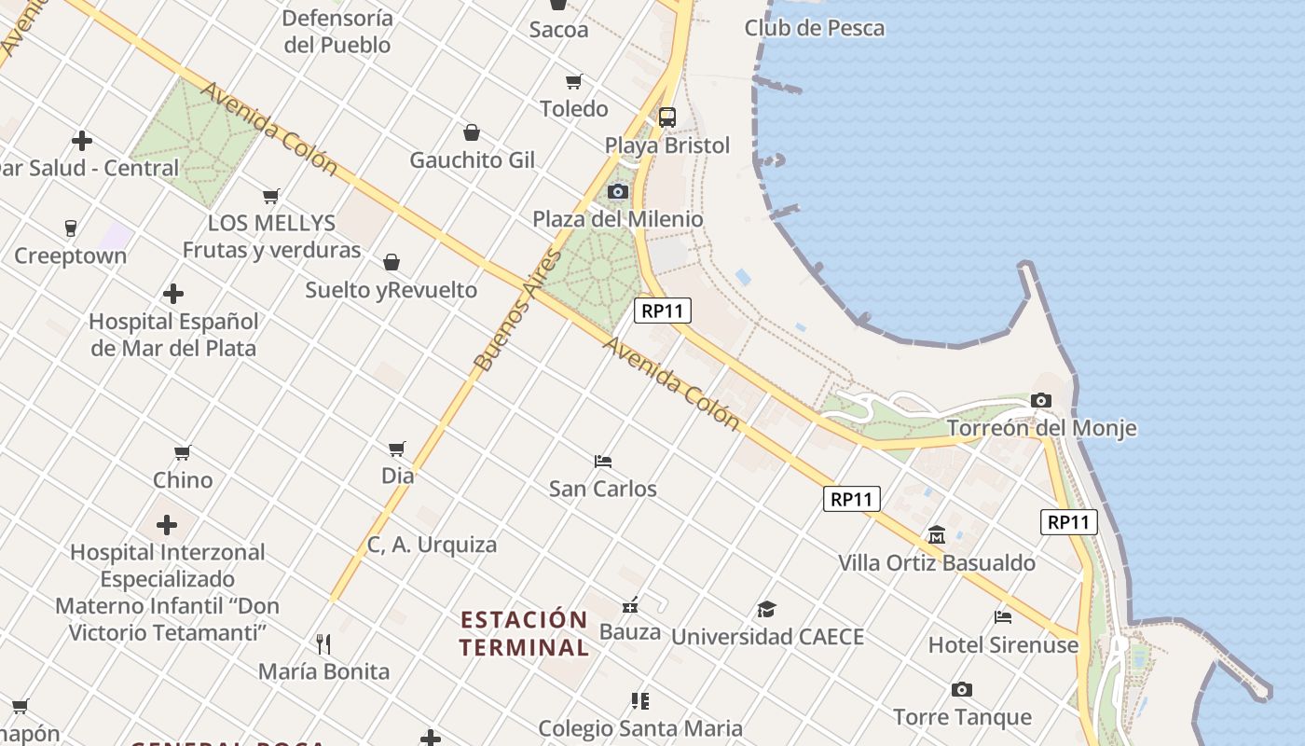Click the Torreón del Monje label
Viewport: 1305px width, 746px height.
(x=1041, y=428)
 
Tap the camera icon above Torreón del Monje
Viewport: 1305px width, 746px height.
(x=1041, y=400)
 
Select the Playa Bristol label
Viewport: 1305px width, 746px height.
(x=667, y=145)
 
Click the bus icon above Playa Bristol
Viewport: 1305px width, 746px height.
(x=667, y=117)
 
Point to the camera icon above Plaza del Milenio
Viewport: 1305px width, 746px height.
(x=617, y=191)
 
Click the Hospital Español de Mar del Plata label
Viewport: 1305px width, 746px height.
(x=173, y=334)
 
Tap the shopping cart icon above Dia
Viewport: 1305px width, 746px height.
(x=397, y=449)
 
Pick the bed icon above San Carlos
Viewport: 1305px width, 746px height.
(x=602, y=461)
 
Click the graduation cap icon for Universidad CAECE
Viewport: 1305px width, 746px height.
(x=766, y=609)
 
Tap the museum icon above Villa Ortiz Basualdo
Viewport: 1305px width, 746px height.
(x=937, y=534)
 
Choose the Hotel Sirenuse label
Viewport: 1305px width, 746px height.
(x=1003, y=644)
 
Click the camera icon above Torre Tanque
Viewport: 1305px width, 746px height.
(x=962, y=690)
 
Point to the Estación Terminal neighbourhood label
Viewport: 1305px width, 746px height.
(x=524, y=633)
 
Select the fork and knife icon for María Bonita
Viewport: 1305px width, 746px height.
(x=323, y=643)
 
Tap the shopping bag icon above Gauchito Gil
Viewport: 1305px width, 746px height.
(x=472, y=132)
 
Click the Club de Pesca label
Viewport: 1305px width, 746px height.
(x=814, y=28)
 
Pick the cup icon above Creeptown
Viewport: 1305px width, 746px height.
(x=70, y=228)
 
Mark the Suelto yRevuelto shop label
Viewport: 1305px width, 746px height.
(x=391, y=290)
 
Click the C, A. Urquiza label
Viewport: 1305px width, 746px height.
(x=432, y=545)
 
